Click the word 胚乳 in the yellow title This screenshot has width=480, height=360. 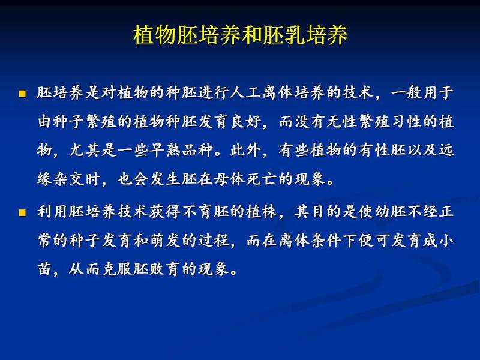click(283, 35)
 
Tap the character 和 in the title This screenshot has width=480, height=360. click(251, 35)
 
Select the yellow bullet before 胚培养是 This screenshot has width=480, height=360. click(22, 94)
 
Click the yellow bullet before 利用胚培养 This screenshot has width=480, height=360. click(22, 212)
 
